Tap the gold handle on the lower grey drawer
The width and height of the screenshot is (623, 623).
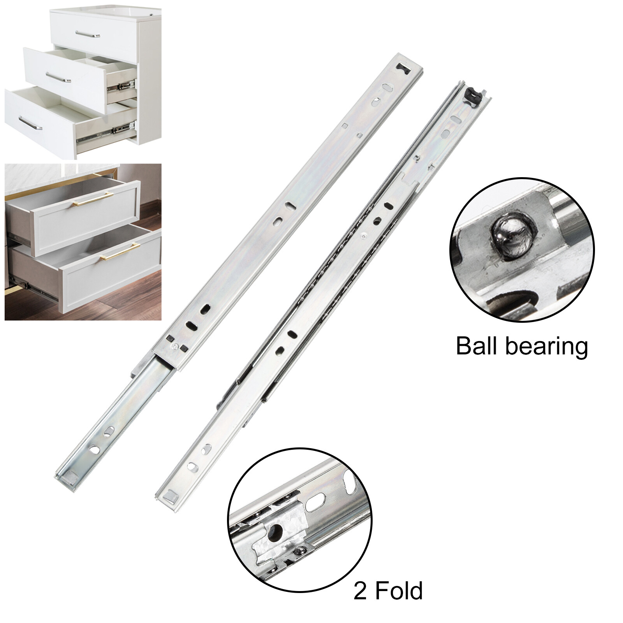(119, 252)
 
